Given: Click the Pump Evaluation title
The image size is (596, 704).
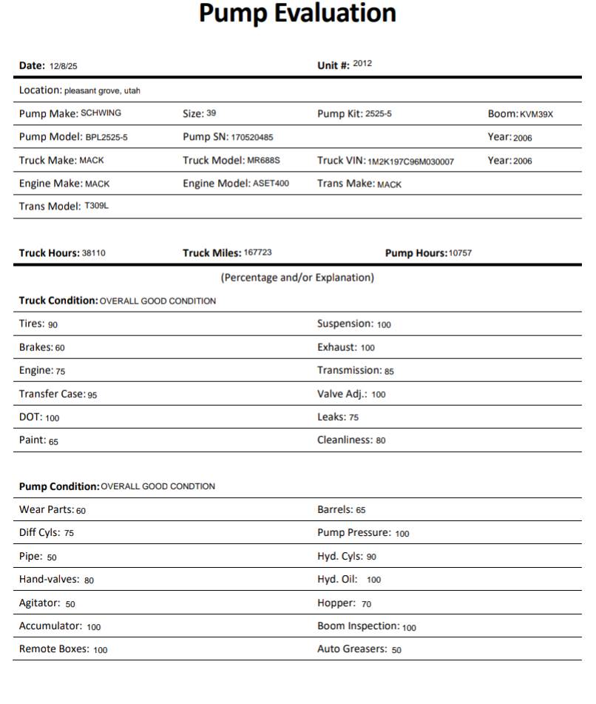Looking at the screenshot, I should coord(297,13).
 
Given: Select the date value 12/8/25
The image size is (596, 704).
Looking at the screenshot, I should coord(64,67).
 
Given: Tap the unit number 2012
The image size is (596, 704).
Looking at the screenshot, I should coord(362,64).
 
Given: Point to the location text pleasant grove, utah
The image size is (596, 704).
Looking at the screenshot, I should coord(102,91).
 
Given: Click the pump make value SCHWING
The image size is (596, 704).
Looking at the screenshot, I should coord(101,113).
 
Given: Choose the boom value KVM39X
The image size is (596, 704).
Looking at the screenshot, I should coord(536,115).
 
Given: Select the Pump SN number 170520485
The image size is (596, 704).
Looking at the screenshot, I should coord(251,138).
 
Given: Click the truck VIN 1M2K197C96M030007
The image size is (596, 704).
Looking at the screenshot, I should coord(410,161).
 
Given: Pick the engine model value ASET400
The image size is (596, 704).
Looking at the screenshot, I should coord(271,183).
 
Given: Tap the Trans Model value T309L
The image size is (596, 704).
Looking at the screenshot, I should coord(96,206).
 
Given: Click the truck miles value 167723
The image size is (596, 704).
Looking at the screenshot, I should coord(257,252).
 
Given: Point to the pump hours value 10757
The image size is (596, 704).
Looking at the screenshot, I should coord(460,253).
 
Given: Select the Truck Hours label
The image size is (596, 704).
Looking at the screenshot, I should coord(49,253).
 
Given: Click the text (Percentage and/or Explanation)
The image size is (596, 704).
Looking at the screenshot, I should coord(297,278).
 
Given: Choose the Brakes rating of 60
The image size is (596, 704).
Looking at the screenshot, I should coord(60,348).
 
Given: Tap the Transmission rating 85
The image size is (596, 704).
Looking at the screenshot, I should coord(389,372).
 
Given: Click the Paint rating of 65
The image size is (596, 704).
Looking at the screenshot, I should coord(53,442).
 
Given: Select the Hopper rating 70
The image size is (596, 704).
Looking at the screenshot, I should coord(367,604).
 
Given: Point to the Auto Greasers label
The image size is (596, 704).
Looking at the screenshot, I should coord(352,649).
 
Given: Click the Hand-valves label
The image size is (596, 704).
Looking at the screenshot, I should coord(49,580).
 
